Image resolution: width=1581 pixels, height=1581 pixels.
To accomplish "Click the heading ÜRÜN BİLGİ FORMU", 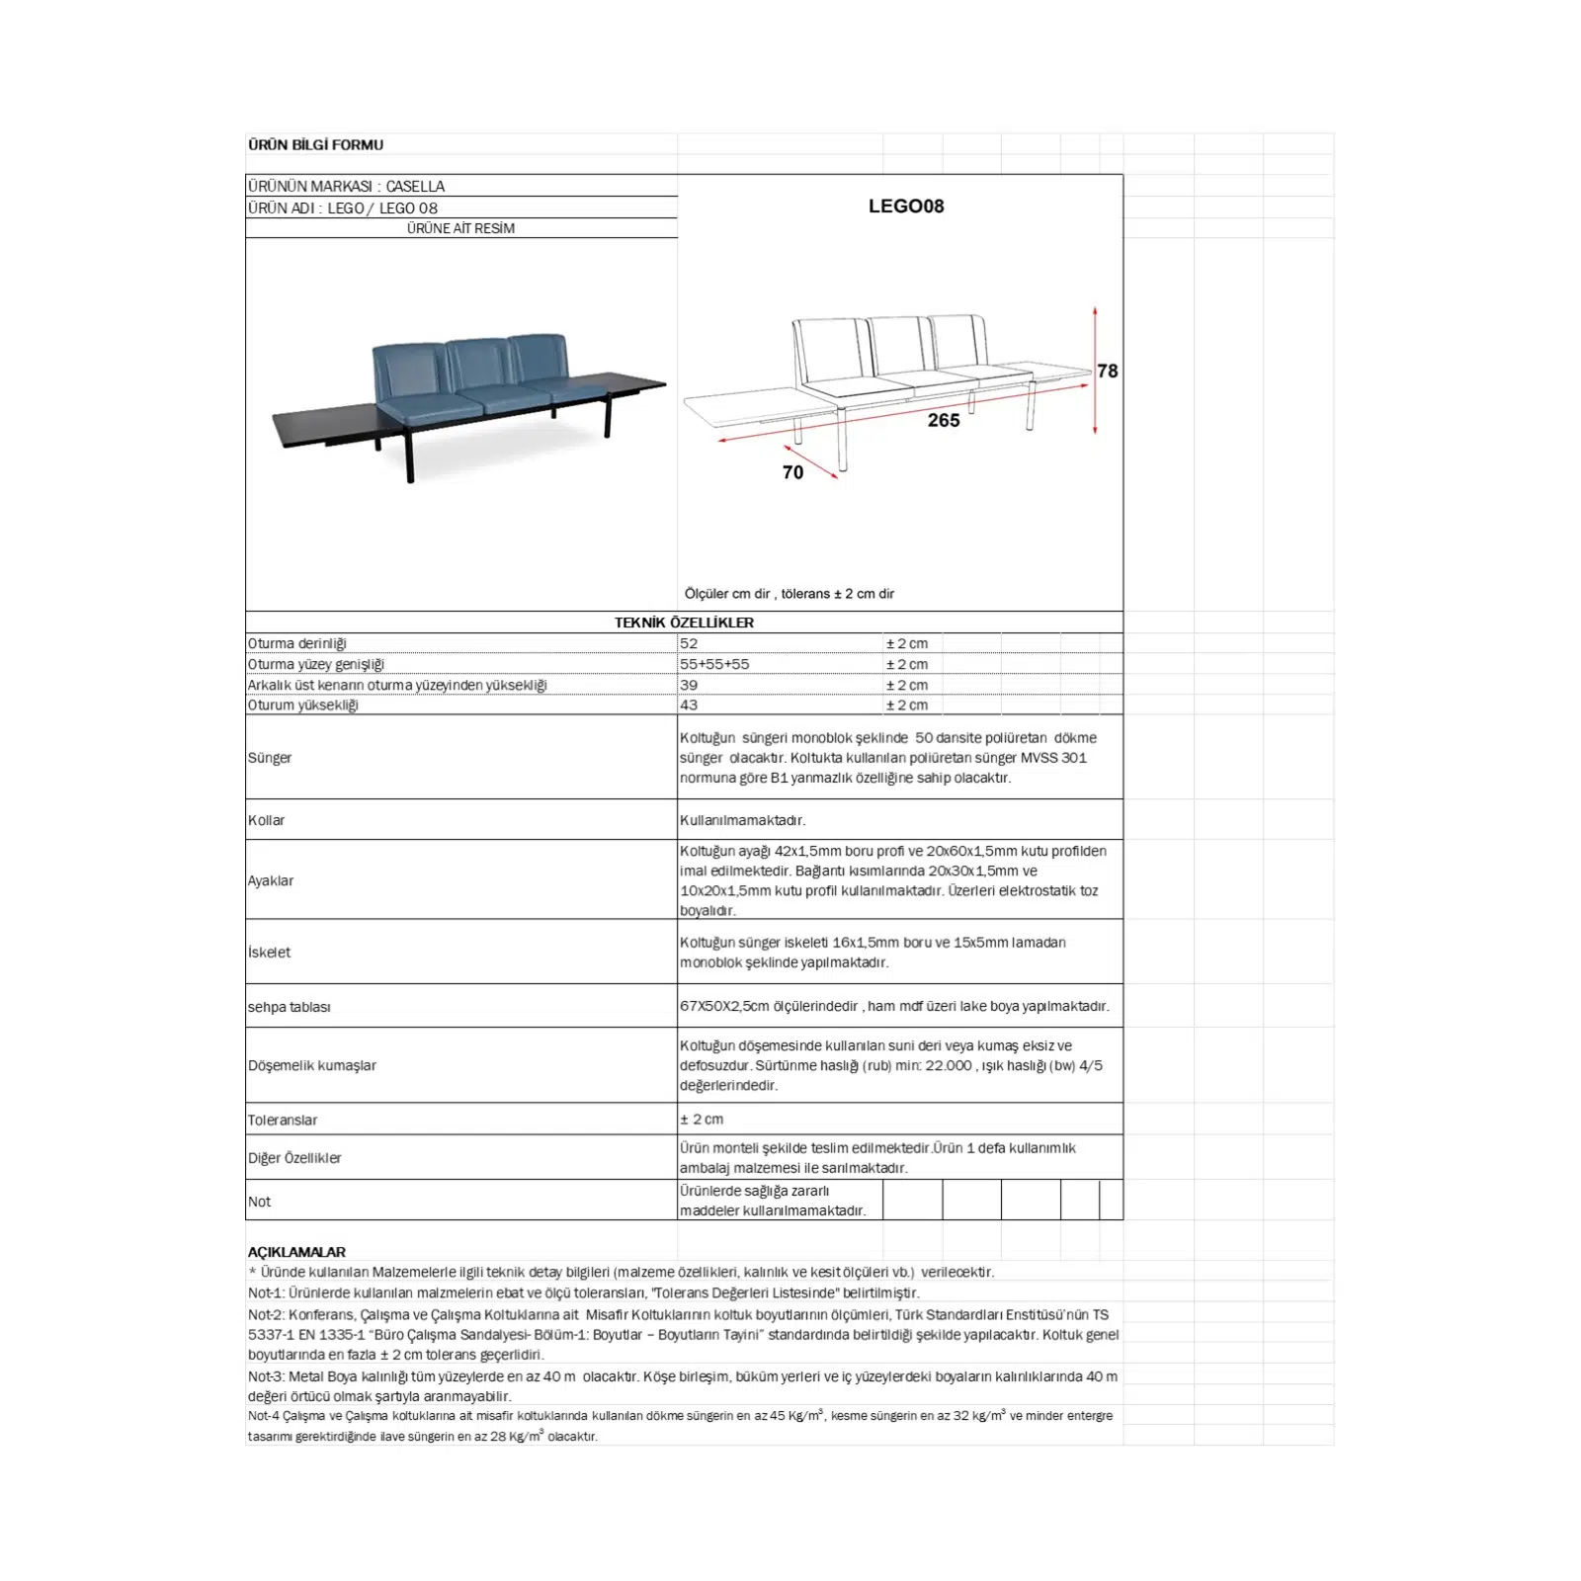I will click(x=315, y=144).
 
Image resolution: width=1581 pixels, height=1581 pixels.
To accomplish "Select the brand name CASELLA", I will click(x=415, y=186).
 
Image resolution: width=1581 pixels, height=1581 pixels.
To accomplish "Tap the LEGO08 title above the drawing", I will click(x=906, y=206).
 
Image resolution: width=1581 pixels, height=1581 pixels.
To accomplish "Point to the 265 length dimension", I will click(x=944, y=420).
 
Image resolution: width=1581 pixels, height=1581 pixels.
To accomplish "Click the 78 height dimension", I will click(x=1108, y=371).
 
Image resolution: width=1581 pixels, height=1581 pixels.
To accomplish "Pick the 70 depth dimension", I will click(x=792, y=472).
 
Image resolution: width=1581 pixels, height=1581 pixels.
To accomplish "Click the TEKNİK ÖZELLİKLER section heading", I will click(x=684, y=623).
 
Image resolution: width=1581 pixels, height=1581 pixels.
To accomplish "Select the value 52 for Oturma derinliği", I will click(x=689, y=643).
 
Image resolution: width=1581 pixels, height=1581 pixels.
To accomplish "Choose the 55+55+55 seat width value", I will click(x=713, y=664).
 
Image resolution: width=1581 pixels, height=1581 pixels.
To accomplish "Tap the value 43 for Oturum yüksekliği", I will click(x=689, y=705).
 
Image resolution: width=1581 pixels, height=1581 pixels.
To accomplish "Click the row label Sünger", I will click(x=270, y=758).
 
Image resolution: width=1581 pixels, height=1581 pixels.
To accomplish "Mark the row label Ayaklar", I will click(x=271, y=880).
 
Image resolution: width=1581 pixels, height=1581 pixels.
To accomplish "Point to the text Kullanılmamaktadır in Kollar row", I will click(x=742, y=820).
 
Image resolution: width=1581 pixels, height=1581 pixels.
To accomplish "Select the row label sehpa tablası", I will click(x=290, y=1007).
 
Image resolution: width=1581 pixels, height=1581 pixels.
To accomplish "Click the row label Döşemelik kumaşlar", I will click(x=312, y=1065).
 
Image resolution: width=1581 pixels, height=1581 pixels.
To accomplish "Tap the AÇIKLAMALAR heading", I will click(x=296, y=1251).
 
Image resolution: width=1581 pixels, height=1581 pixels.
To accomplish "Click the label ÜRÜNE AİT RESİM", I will click(x=460, y=228).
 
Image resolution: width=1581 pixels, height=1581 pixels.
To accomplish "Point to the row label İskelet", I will click(x=270, y=953).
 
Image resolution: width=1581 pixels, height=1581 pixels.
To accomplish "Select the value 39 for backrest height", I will click(x=689, y=685).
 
